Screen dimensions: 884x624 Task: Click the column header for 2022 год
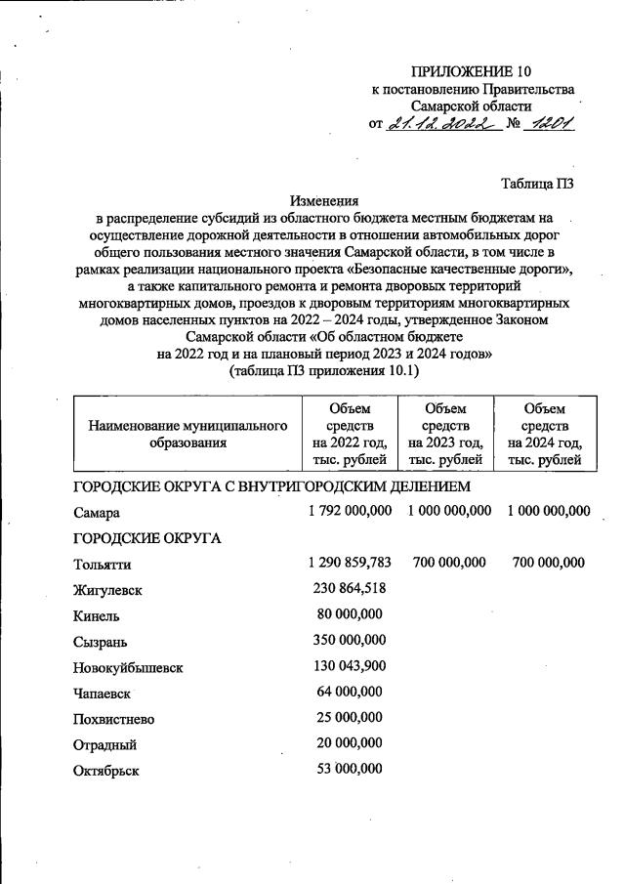[350, 434]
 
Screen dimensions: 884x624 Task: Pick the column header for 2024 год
[544, 434]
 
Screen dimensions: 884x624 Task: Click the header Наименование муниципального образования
[187, 435]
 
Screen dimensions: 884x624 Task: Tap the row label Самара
[97, 512]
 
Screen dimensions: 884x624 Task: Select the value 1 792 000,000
[346, 510]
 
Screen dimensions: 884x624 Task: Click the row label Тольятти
[102, 564]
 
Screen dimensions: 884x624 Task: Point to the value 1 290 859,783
[346, 563]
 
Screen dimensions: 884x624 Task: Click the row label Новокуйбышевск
[127, 668]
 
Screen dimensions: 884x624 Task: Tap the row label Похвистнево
[113, 720]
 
